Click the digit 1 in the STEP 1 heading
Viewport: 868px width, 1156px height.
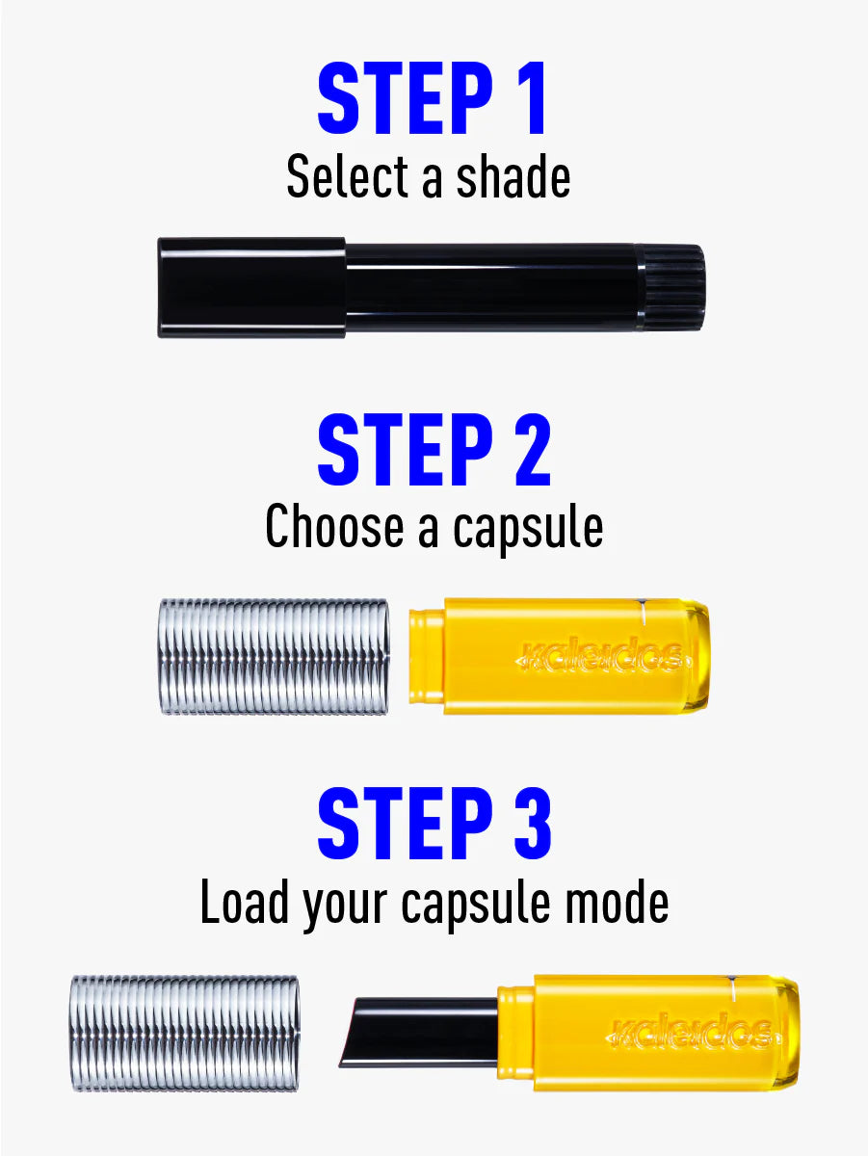click(531, 97)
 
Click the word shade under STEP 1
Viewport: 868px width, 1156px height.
click(513, 176)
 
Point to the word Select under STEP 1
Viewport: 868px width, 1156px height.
click(347, 176)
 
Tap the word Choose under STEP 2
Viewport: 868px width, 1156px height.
click(334, 527)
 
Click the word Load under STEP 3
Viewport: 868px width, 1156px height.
click(245, 902)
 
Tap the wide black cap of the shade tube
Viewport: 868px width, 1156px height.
click(251, 287)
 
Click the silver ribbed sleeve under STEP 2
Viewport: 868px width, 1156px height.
click(274, 656)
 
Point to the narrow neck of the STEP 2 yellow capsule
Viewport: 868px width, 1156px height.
click(427, 656)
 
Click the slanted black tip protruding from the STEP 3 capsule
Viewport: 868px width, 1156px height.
click(419, 1033)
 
